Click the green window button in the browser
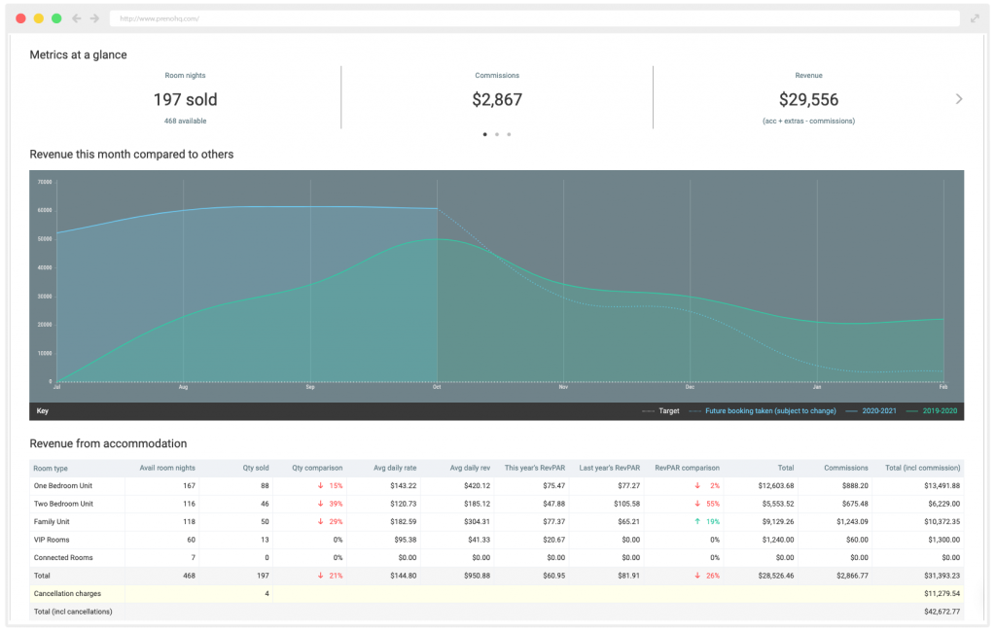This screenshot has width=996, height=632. pyautogui.click(x=56, y=18)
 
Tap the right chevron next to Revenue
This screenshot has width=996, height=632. pyautogui.click(x=959, y=99)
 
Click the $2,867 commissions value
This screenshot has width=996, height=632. pyautogui.click(x=497, y=99)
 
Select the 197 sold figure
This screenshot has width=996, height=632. pyautogui.click(x=185, y=99)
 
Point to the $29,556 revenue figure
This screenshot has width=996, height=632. pyautogui.click(x=808, y=99)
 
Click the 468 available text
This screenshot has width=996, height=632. pyautogui.click(x=185, y=121)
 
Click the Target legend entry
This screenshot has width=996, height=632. pyautogui.click(x=668, y=411)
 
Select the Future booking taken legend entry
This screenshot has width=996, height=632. pyautogui.click(x=769, y=411)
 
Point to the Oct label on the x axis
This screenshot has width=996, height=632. pyautogui.click(x=438, y=387)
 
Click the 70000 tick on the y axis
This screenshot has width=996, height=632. pyautogui.click(x=45, y=182)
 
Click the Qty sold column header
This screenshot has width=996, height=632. pyautogui.click(x=255, y=468)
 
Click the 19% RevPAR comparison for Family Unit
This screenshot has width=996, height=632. pyautogui.click(x=708, y=521)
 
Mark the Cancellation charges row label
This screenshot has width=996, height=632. pyautogui.click(x=69, y=593)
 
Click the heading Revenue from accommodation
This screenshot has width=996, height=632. pyautogui.click(x=108, y=443)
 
